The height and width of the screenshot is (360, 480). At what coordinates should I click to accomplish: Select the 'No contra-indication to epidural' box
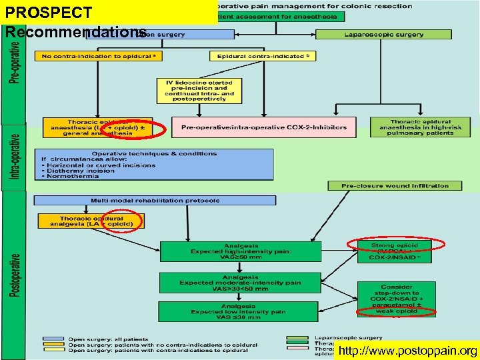tap(99, 57)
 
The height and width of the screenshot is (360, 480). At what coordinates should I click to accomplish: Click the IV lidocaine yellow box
tap(195, 91)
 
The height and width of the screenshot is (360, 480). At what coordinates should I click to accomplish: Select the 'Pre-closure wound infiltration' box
tap(395, 185)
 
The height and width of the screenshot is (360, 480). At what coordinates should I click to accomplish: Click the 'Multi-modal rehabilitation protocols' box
tap(155, 200)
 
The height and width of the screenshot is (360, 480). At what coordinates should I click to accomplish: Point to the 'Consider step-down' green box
tap(397, 297)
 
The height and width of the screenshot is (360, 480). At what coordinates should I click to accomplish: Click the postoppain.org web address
tap(407, 351)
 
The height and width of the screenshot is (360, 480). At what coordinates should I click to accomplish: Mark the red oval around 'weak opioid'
tap(396, 311)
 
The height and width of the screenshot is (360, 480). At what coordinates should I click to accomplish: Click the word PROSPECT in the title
tap(48, 13)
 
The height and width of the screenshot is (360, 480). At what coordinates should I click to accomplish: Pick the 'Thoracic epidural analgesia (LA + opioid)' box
tap(91, 221)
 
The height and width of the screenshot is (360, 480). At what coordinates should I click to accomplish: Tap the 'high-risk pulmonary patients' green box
tap(420, 127)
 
